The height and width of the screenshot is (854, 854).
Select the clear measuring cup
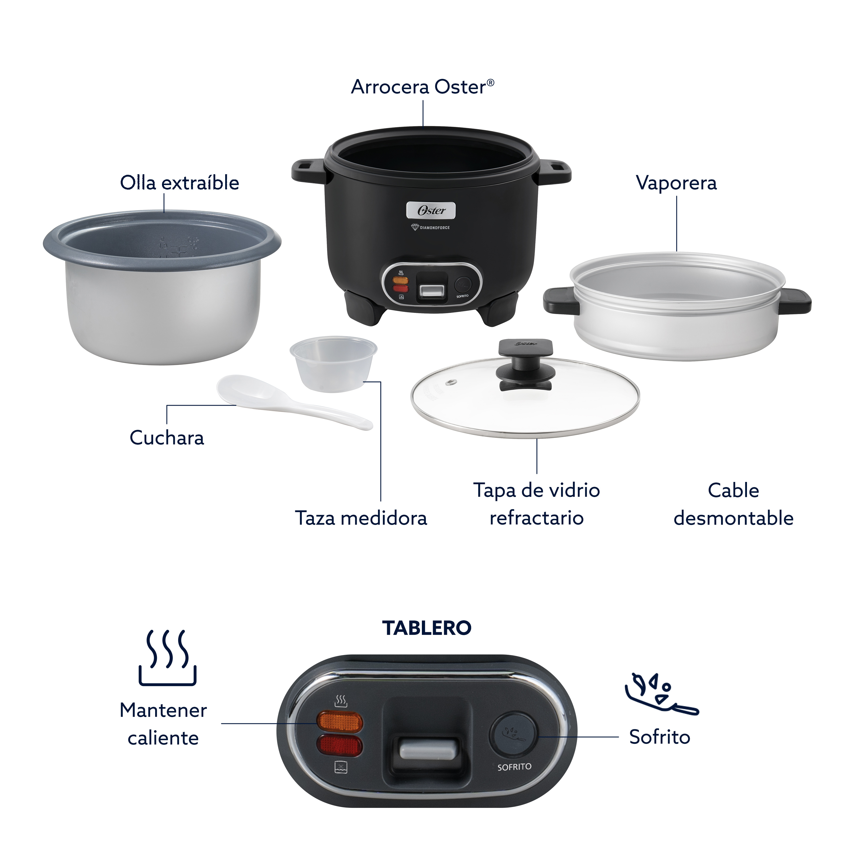point(333,364)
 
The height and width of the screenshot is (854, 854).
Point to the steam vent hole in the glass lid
point(451,382)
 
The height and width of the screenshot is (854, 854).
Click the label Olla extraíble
point(179,182)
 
